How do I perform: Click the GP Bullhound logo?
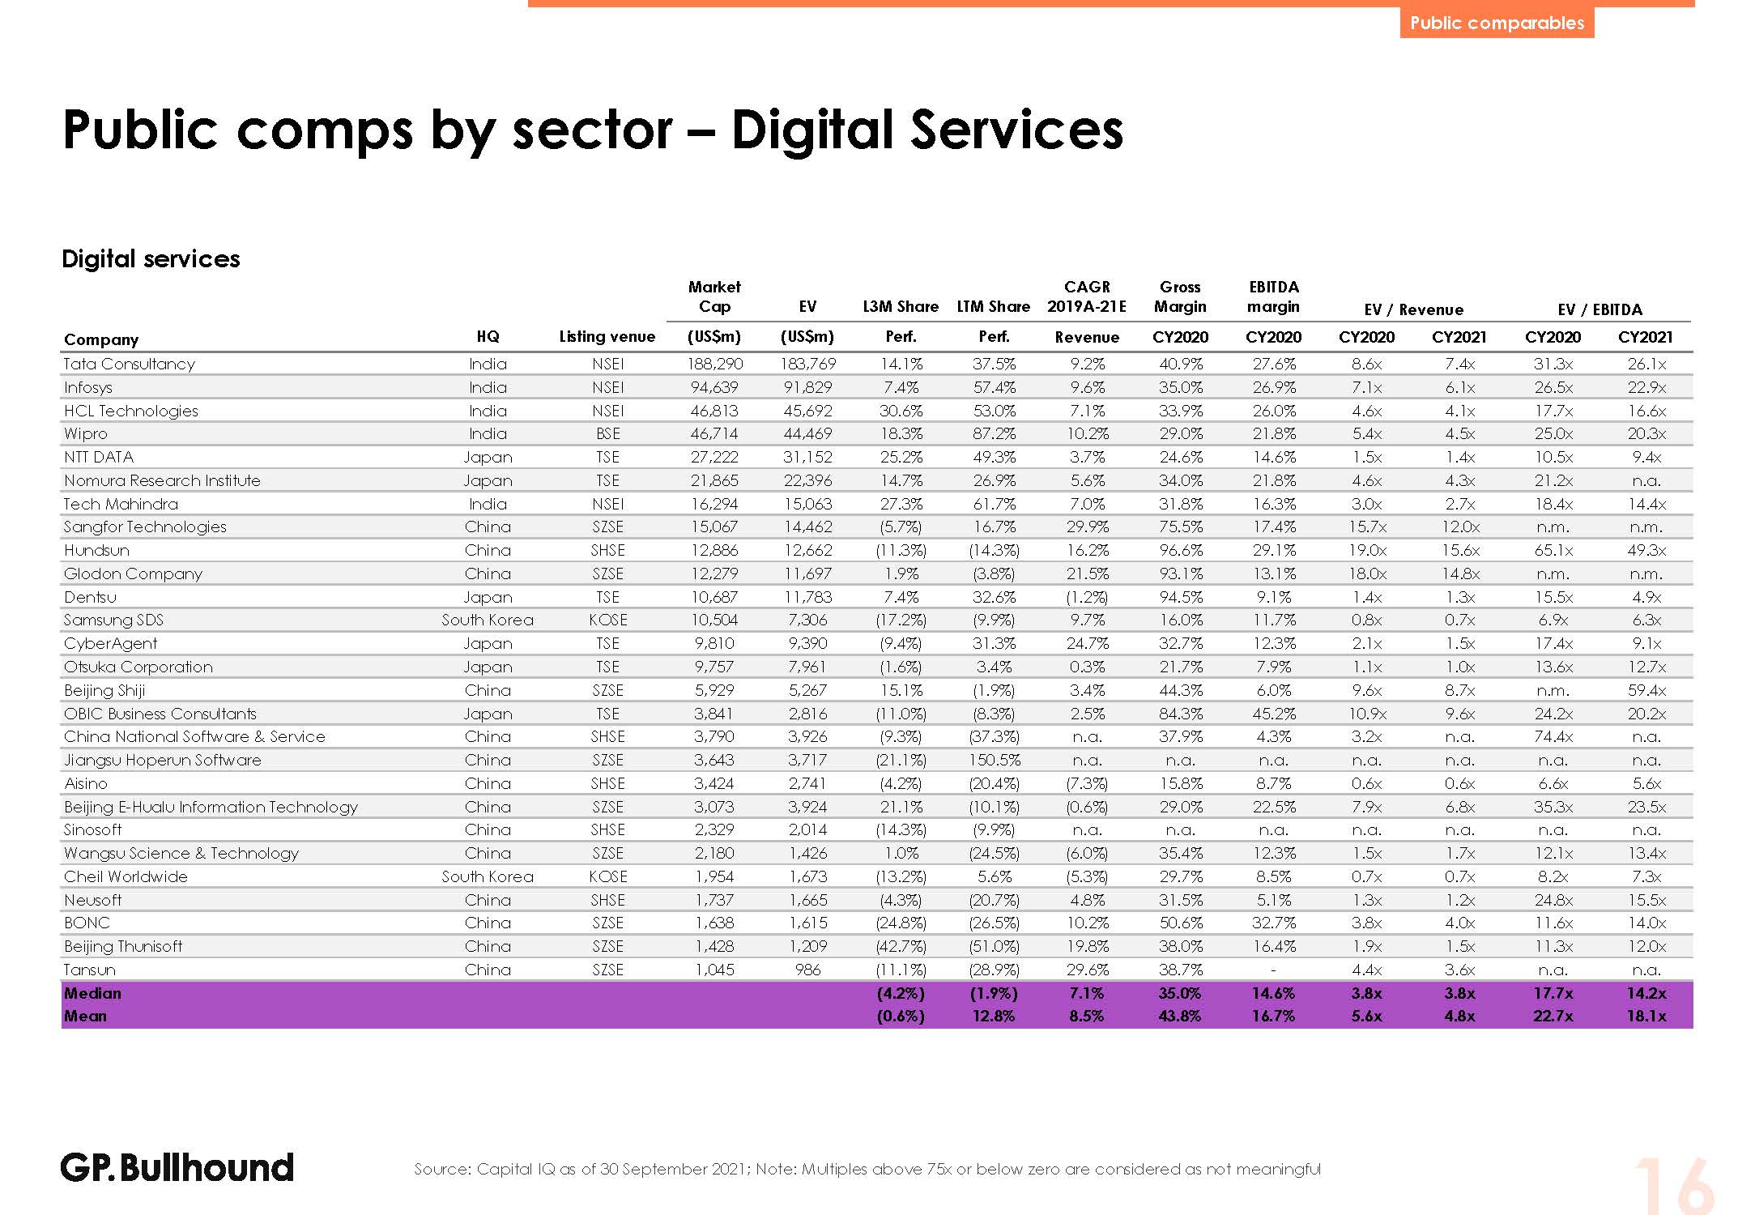(177, 1168)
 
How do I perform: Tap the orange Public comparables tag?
(1497, 23)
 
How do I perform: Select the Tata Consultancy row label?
(130, 364)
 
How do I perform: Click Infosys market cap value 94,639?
(714, 388)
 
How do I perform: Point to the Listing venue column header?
(607, 337)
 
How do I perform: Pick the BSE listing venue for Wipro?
(607, 434)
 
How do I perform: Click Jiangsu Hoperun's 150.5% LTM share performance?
(993, 761)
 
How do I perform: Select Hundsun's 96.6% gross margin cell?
(1180, 551)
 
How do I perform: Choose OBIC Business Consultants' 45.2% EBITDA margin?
(1273, 714)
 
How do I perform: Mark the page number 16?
(1673, 1187)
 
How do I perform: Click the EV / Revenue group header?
(1413, 310)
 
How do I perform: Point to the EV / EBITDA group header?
(1600, 310)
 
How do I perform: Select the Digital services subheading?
(151, 259)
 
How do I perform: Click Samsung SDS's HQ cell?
(488, 620)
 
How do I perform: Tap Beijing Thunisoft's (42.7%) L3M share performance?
(901, 947)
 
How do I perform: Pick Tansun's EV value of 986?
(807, 970)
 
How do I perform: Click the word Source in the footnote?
(441, 1170)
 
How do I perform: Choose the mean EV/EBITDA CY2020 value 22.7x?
(1553, 1017)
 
